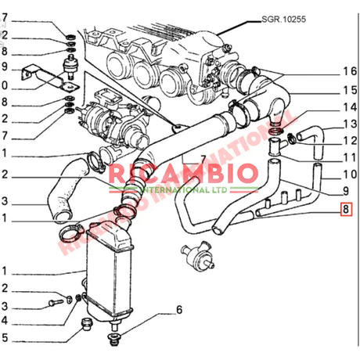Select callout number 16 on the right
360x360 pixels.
coord(349,71)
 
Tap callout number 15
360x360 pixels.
coord(349,90)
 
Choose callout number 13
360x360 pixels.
coord(349,124)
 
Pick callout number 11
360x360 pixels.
coord(349,157)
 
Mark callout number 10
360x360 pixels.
coord(349,174)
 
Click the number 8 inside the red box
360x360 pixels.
coord(347,209)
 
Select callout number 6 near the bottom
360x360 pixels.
coord(178,310)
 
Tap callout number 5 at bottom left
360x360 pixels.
coord(5,339)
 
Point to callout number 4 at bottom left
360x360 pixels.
coord(5,321)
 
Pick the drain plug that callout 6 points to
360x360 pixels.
coord(114,338)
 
